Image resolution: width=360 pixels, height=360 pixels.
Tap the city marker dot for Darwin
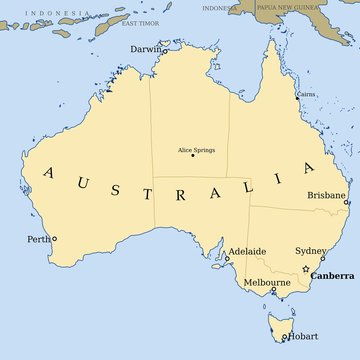pos(166,52)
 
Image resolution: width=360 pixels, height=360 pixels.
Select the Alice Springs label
pos(197,150)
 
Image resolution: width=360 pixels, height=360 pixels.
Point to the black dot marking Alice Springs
pos(193,156)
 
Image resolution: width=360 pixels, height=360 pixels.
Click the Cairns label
pos(306,94)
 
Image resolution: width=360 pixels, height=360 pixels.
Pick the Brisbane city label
pos(326,195)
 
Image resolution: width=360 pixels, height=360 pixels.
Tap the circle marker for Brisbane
pos(346,202)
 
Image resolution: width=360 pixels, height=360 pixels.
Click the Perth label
pos(38,239)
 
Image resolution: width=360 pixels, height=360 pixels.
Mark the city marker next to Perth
pos(54,238)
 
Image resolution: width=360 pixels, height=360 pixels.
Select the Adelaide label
pos(247,251)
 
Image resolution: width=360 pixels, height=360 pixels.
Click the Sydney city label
pos(309,250)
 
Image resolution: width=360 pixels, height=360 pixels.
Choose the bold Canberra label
pos(332,274)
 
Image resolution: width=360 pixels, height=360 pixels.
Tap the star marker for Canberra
pos(306,269)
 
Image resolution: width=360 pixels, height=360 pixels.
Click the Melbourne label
pos(267,283)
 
